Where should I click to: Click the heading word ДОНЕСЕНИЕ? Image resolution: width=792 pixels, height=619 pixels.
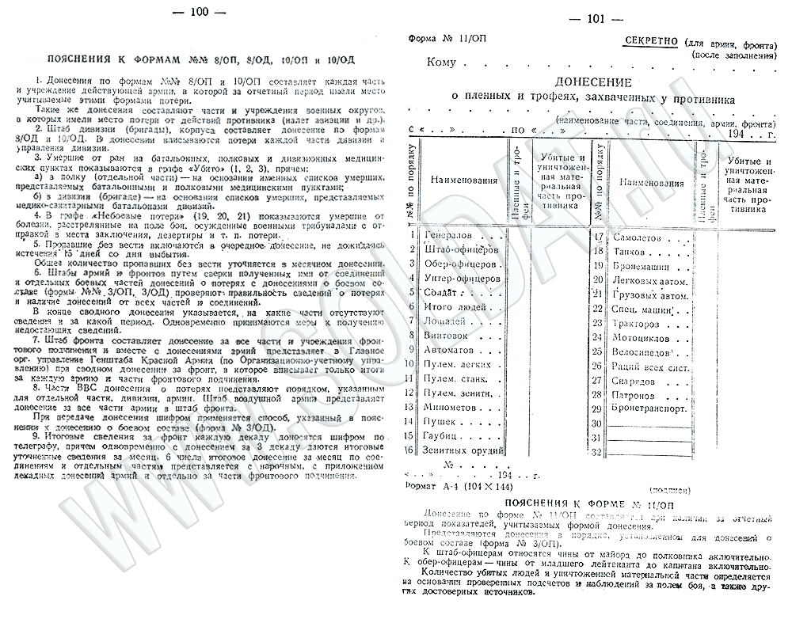tap(592, 82)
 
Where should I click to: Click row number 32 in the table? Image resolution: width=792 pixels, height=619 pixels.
tap(598, 451)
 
